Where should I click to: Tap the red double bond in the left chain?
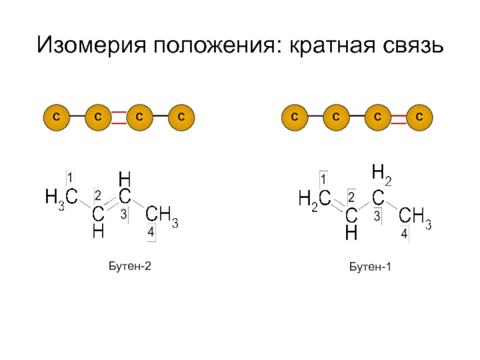click(118, 117)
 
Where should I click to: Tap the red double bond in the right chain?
click(399, 117)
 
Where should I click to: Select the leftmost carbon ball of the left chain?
click(55, 117)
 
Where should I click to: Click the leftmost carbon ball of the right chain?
click(295, 117)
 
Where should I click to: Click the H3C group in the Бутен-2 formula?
click(61, 197)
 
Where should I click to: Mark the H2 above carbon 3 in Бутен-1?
click(381, 173)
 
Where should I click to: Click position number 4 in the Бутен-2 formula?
click(151, 231)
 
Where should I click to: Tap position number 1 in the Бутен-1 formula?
click(323, 179)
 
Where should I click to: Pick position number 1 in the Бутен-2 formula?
click(70, 178)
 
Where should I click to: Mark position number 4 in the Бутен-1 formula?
click(405, 234)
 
